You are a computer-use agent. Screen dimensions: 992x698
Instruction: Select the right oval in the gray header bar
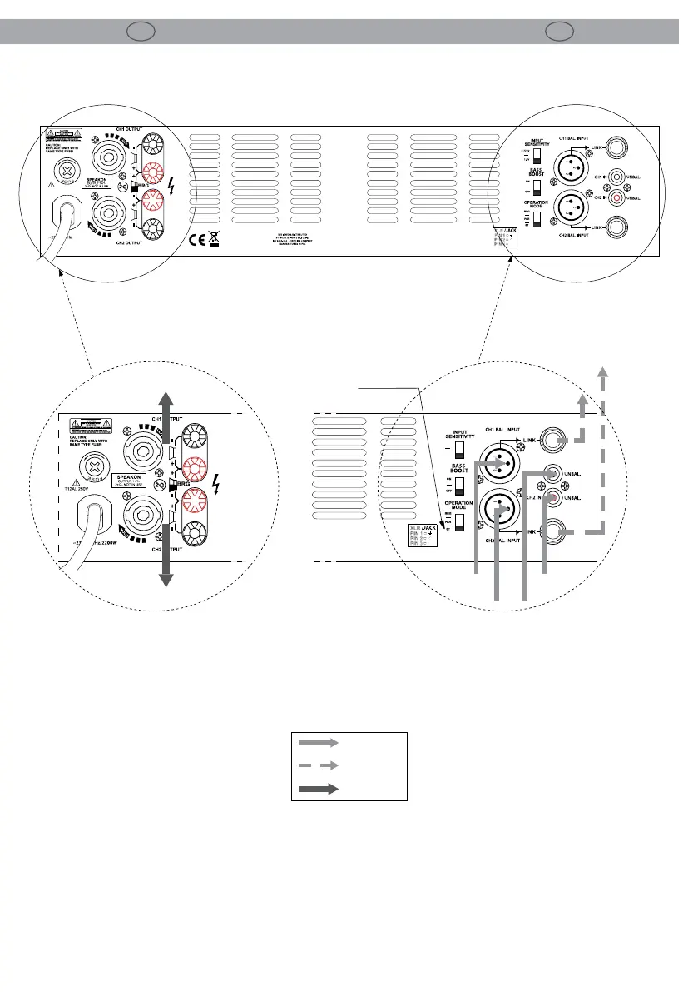562,32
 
